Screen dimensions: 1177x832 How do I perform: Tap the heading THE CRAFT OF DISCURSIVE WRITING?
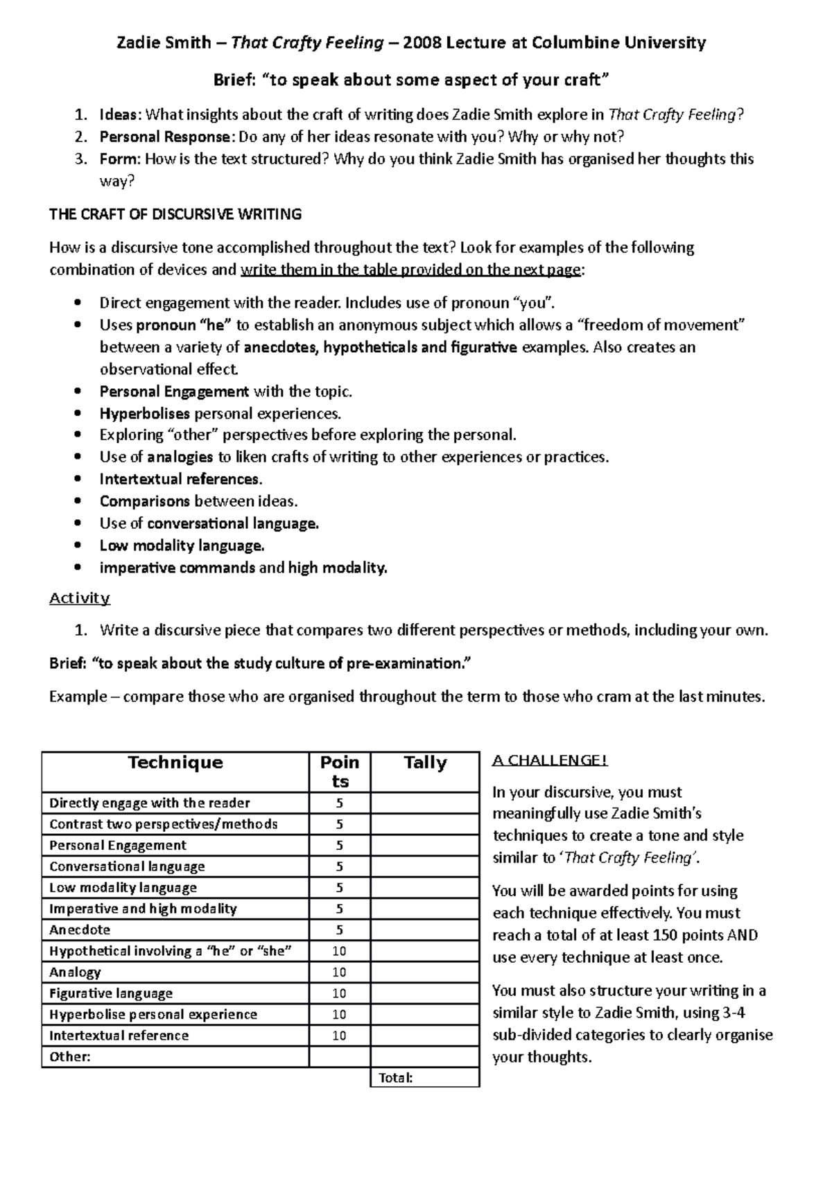[x=175, y=214]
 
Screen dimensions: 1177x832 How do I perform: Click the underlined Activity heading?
[x=80, y=598]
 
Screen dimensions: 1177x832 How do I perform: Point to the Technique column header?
[x=175, y=762]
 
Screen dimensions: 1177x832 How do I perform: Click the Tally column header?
[x=425, y=762]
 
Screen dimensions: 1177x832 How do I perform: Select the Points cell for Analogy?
[x=339, y=973]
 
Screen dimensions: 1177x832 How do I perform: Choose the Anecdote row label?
[x=80, y=930]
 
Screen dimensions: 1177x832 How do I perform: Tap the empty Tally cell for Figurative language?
[x=425, y=993]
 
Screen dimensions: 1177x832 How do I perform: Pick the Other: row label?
[x=70, y=1057]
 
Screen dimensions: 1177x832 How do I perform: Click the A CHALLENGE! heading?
[x=550, y=760]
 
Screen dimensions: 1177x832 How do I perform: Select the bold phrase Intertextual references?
[x=181, y=479]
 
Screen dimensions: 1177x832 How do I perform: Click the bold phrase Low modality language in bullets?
[x=182, y=546]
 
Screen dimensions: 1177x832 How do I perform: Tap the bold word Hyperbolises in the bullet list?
[x=145, y=414]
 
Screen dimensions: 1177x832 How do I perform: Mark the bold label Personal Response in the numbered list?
[x=164, y=137]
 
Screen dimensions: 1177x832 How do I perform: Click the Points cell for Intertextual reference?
[x=339, y=1036]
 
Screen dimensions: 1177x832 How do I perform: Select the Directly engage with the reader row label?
[x=150, y=803]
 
